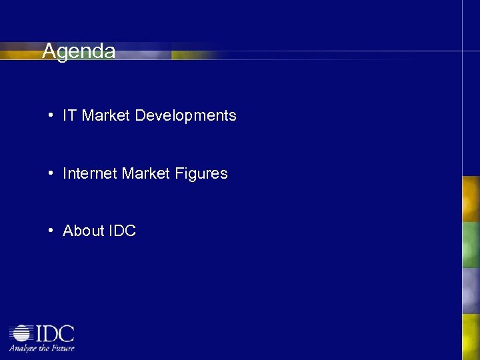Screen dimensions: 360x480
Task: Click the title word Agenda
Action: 79,51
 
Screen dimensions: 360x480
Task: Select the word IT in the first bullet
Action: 70,115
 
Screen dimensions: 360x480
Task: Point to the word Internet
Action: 90,173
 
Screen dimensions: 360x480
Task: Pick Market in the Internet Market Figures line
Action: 147,173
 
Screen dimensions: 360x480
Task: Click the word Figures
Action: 201,173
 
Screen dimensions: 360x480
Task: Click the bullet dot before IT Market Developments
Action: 51,115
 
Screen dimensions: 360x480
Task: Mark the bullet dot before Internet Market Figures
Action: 51,173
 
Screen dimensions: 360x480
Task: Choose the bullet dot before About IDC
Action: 51,231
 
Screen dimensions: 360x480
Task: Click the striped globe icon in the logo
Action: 21,333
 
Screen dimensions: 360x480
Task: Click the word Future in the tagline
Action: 63,347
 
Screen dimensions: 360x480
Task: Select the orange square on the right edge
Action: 471,199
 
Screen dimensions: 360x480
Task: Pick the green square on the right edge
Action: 471,245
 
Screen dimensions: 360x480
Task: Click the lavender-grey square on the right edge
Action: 471,290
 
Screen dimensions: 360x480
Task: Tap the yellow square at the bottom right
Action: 471,337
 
